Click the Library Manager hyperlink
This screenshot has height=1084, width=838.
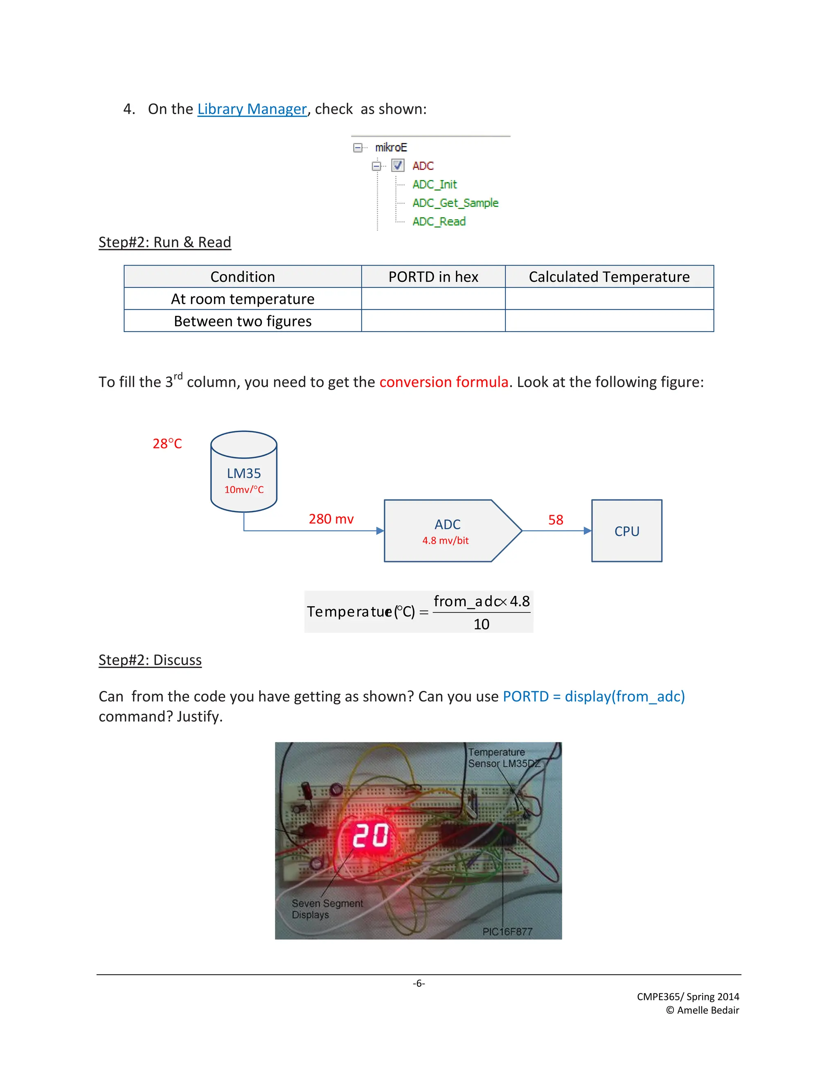252,109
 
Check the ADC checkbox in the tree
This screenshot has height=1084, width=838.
398,165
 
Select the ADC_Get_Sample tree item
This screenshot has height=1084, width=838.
455,203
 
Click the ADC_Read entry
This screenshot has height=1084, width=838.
439,221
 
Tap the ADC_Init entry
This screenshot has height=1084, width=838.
435,184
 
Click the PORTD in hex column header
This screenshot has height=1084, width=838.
433,277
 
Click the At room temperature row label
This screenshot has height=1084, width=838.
242,299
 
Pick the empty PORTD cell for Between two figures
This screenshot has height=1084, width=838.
433,321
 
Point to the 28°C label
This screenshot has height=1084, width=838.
167,443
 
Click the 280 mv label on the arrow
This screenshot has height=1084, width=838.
331,519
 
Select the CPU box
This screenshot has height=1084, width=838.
626,531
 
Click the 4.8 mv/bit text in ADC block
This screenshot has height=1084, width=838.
445,540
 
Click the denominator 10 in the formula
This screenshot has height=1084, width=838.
481,624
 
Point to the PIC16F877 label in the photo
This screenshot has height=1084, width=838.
507,931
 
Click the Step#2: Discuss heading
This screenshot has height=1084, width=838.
150,660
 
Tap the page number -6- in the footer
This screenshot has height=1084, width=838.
419,983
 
